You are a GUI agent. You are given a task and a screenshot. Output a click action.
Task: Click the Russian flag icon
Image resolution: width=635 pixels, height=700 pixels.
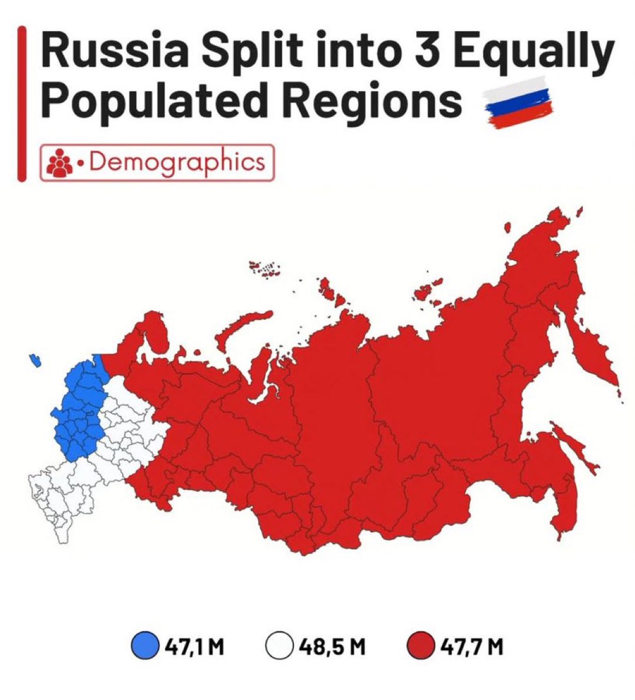pos(518,102)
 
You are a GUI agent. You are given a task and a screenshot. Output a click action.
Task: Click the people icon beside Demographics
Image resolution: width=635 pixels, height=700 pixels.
pos(59,162)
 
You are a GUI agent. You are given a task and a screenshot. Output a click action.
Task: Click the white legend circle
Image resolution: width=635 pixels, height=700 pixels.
pos(279,647)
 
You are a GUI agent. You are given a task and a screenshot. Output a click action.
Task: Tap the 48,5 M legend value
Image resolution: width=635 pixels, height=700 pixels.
pos(331,647)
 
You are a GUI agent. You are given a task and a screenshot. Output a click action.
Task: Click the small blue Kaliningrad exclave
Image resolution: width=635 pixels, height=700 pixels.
pos(36,359)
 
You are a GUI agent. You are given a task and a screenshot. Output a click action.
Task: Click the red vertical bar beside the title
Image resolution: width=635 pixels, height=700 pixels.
pos(22,103)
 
